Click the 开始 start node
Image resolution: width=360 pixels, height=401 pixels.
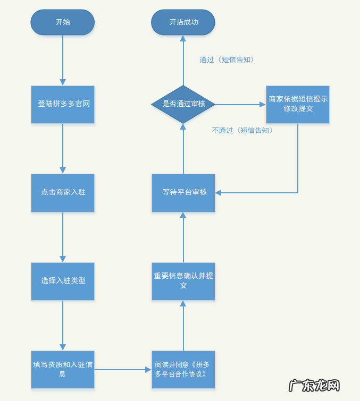tap(62, 22)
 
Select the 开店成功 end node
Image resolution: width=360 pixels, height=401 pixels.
tap(183, 22)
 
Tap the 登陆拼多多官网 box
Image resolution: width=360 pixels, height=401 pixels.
tap(63, 104)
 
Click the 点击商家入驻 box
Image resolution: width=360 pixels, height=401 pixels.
tap(63, 192)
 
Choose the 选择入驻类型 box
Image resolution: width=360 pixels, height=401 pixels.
tap(63, 281)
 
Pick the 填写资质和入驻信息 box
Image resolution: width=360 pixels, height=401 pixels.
tap(63, 369)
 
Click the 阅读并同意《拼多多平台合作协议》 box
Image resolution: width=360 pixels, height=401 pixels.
tap(183, 369)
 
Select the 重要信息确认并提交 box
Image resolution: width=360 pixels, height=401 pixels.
tap(183, 281)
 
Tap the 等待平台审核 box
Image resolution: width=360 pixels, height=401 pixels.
tap(183, 192)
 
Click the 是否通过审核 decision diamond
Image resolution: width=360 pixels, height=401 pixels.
tap(183, 104)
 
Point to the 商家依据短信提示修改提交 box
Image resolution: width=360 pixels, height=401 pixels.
tap(298, 104)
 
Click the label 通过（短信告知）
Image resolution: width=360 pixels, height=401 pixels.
tap(227, 60)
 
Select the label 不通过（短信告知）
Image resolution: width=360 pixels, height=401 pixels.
tap(242, 130)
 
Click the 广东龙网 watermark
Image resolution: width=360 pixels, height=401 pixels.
tap(314, 385)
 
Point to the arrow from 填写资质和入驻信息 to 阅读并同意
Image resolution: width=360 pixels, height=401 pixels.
tap(122, 369)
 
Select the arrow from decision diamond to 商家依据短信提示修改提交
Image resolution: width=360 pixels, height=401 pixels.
tap(239, 104)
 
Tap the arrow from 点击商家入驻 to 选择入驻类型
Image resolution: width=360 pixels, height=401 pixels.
tap(63, 236)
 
